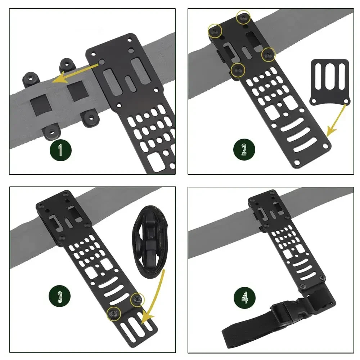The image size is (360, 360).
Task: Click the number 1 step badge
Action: click(60, 149)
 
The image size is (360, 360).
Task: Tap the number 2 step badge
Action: click(244, 149)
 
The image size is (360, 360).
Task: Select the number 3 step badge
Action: click(60, 297)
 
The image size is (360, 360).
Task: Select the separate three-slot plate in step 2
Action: click(329, 81)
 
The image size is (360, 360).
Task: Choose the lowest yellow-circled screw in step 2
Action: click(238, 70)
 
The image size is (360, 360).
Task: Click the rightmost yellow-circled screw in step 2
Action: click(268, 55)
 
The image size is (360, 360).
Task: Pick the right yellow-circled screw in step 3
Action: click(137, 298)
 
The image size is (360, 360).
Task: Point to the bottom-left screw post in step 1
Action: click(50, 132)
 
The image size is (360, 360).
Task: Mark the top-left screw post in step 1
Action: click(30, 78)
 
